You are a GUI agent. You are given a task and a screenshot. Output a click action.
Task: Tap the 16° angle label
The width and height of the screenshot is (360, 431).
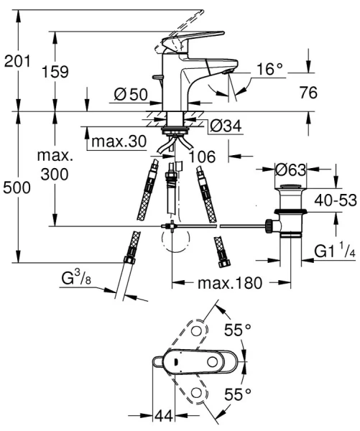[270, 69]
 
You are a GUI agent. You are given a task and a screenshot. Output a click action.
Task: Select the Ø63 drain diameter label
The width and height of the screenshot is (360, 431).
[292, 170]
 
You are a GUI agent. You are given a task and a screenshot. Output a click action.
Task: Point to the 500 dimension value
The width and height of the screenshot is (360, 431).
[17, 188]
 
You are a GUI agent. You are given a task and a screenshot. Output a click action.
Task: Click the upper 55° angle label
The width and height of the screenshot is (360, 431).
[238, 330]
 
